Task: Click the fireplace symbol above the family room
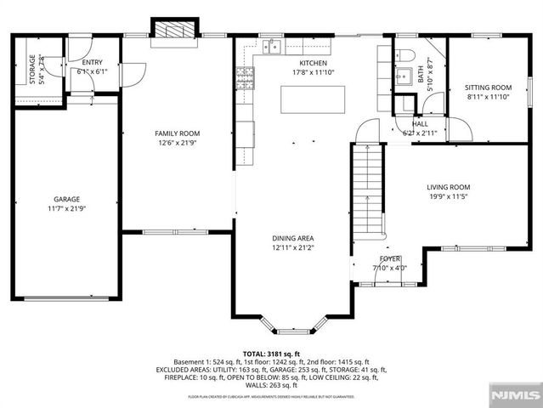(x=174, y=28)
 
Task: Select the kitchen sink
(x=274, y=47)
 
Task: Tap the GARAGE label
(x=66, y=200)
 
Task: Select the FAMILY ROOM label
(x=177, y=133)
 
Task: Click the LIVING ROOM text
(x=448, y=187)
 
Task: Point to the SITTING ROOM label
(x=488, y=88)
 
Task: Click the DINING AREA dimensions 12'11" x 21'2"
(x=293, y=248)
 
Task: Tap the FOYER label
(x=390, y=258)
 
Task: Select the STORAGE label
(x=32, y=69)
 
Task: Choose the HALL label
(x=420, y=124)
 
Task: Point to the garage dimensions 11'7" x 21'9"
(x=66, y=209)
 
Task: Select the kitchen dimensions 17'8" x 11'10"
(x=313, y=73)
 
